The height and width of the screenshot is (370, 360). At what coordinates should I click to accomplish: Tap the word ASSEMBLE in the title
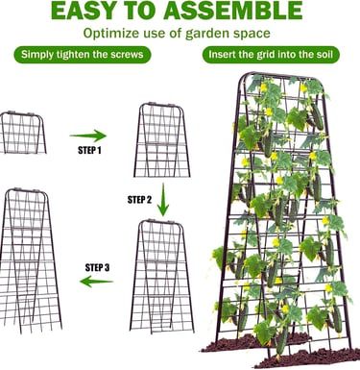coord(233,11)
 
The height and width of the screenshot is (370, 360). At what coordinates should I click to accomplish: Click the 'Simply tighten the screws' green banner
coord(83,55)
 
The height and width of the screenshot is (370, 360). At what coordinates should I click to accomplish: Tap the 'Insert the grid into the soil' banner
coord(271,55)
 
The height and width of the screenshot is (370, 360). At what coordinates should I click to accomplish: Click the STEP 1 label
coord(89,150)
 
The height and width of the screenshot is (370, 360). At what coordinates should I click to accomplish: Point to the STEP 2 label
coord(139,200)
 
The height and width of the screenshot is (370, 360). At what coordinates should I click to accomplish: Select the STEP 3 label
coord(97,267)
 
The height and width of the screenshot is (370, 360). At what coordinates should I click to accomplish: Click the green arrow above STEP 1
coord(88,136)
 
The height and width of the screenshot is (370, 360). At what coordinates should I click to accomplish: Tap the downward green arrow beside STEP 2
coord(163,200)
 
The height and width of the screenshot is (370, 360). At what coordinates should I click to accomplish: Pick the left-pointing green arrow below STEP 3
coord(96,282)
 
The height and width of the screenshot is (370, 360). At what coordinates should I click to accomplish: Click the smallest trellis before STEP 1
coord(23,133)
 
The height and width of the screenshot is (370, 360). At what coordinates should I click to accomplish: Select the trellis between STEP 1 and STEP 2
coord(162,140)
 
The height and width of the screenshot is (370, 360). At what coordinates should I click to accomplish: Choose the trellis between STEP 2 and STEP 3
coord(162,277)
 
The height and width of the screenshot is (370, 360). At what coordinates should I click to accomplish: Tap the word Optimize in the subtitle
coord(111,34)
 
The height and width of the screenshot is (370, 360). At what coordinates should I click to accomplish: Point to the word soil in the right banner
coord(324,54)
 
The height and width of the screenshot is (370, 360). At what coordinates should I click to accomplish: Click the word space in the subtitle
coord(256,35)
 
